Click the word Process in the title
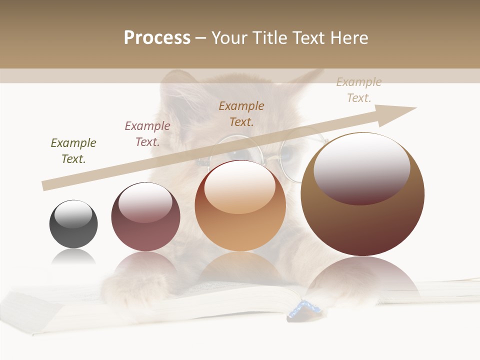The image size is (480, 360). [x=157, y=38]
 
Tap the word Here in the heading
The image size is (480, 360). [x=348, y=38]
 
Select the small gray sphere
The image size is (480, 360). [x=73, y=224]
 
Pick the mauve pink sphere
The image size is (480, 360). [x=145, y=216]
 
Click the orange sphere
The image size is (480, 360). [x=240, y=205]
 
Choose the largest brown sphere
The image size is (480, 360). [x=362, y=194]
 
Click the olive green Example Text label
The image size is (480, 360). [x=73, y=151]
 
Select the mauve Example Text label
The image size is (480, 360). [x=147, y=134]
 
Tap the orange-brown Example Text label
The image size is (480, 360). [x=241, y=113]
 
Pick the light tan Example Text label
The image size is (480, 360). [x=359, y=90]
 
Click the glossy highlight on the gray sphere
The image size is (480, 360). [x=73, y=214]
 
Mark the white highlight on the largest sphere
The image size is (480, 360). [x=361, y=167]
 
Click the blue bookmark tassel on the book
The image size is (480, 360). [x=303, y=308]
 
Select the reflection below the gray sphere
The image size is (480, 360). [x=73, y=257]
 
